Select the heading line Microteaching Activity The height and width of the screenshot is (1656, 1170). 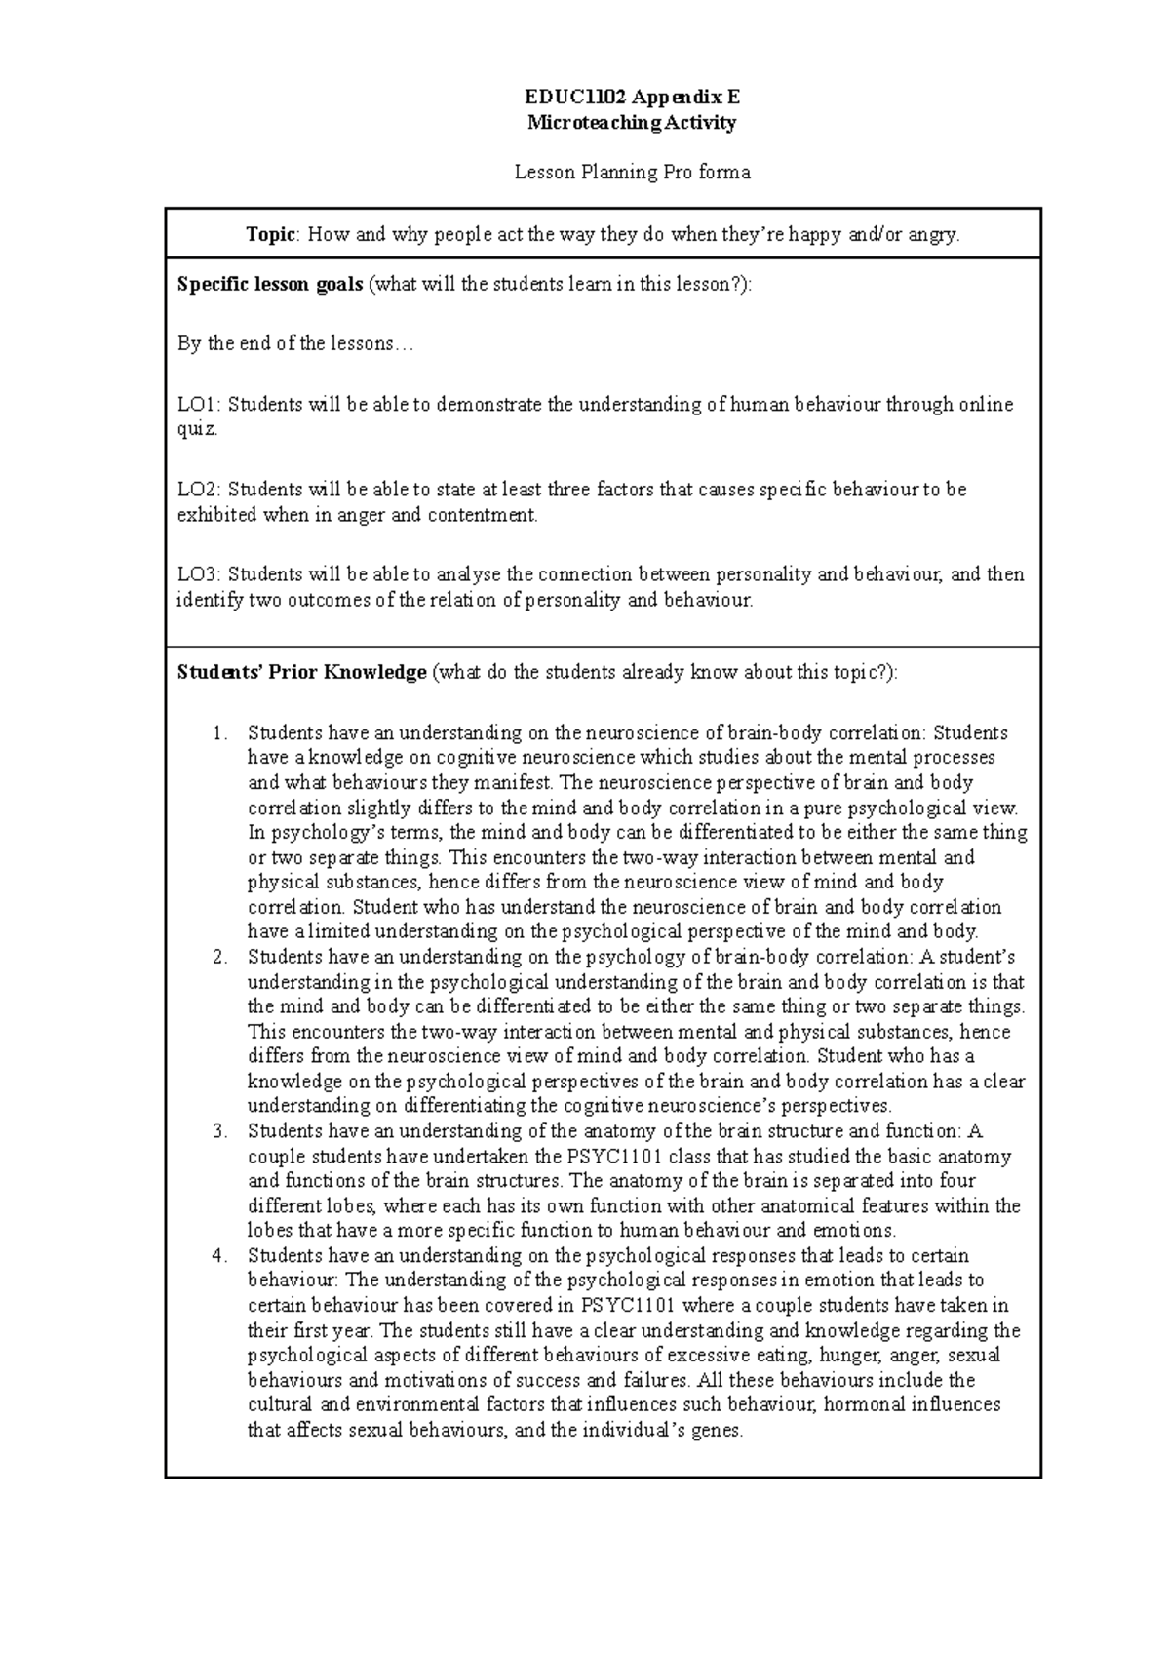click(x=632, y=123)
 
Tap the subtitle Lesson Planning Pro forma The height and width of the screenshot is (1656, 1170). click(x=632, y=173)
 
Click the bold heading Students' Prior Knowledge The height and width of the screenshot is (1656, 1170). click(x=301, y=672)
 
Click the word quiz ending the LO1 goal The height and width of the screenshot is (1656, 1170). click(x=196, y=430)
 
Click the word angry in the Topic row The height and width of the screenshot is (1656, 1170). click(x=933, y=234)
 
